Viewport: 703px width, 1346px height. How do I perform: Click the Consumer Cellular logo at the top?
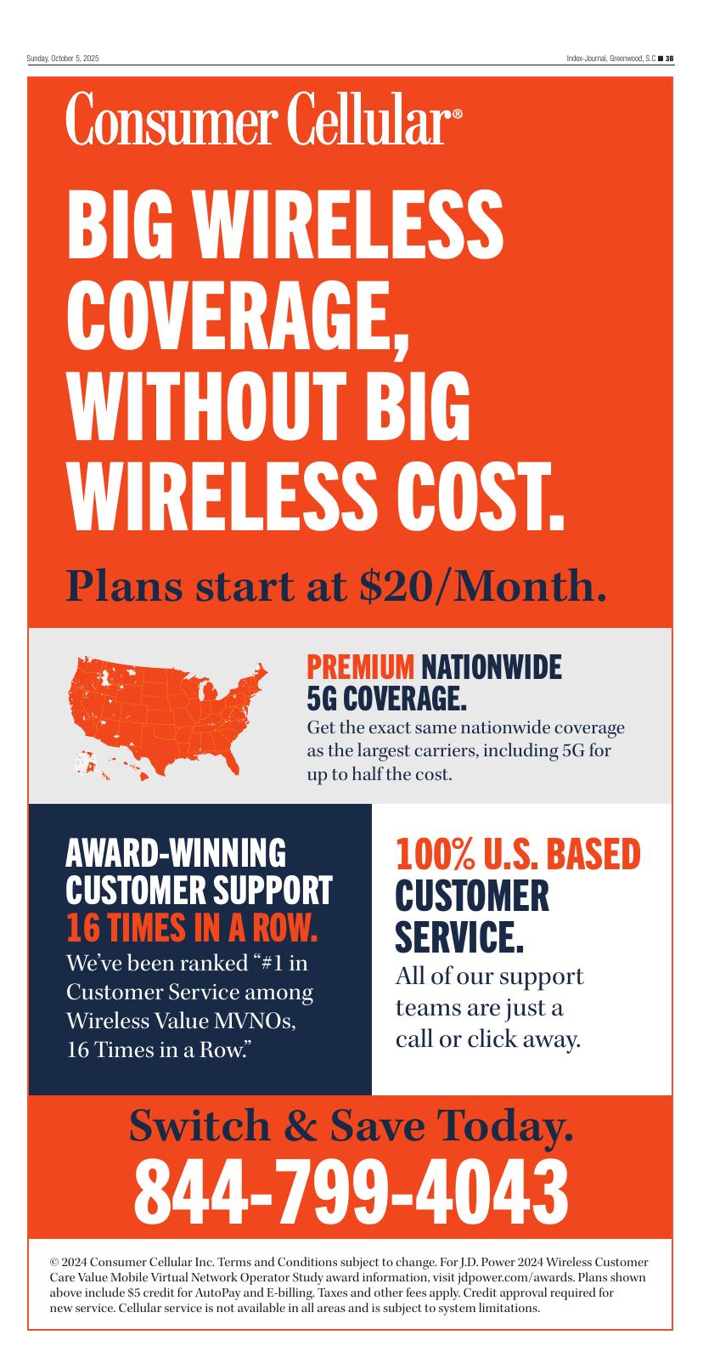[x=264, y=117]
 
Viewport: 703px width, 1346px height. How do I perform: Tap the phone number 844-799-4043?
[x=351, y=1191]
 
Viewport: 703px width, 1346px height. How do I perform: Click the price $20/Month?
[x=482, y=585]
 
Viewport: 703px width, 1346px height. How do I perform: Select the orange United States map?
[x=168, y=718]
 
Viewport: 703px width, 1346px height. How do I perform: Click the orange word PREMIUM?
[x=360, y=667]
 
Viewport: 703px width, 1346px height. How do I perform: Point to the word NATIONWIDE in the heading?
[x=492, y=667]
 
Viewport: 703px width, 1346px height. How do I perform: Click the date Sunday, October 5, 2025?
[x=63, y=59]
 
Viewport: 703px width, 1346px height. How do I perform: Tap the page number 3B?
[x=669, y=59]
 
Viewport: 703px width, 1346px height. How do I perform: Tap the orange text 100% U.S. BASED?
[x=518, y=854]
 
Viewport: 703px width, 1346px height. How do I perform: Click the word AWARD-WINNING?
[x=176, y=852]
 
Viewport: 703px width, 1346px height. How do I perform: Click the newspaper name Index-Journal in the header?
[x=586, y=59]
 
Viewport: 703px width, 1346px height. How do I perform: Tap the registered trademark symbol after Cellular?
[x=458, y=114]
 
